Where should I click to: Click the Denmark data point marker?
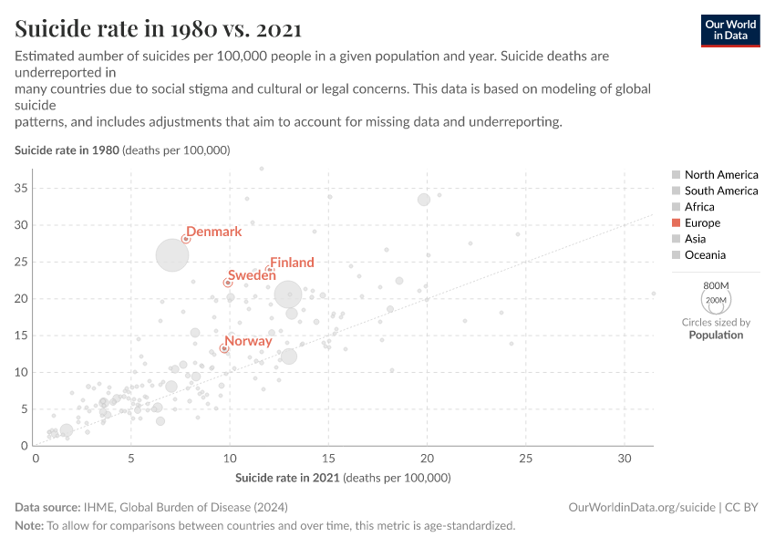tap(185, 239)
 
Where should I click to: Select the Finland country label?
tap(292, 263)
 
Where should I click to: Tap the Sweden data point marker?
tap(228, 283)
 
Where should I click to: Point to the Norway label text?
tap(248, 341)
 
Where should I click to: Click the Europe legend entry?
tap(702, 222)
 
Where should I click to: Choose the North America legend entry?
tap(720, 174)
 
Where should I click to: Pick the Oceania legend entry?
tap(705, 255)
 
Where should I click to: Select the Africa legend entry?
tap(699, 207)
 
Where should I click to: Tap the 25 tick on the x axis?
tap(525, 458)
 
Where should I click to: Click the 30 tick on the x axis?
tap(624, 458)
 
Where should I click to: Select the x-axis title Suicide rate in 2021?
tap(343, 478)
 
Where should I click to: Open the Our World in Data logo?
tap(729, 30)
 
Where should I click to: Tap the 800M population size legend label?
tap(716, 285)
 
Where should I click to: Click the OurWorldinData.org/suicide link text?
tap(641, 507)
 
